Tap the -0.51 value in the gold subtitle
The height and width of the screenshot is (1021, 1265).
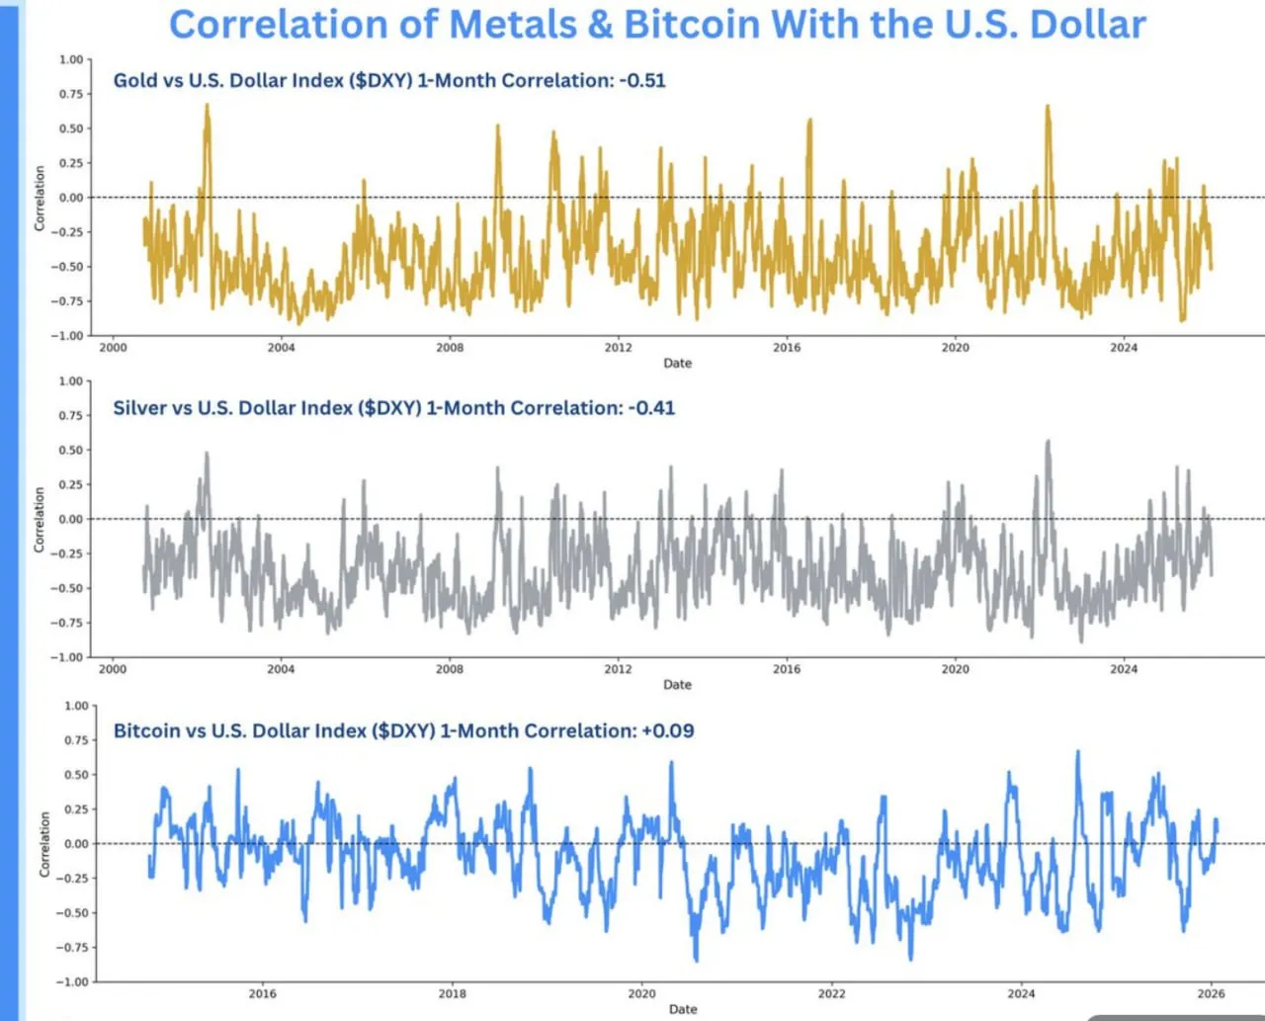click(x=642, y=80)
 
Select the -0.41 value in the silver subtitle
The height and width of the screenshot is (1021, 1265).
click(x=651, y=407)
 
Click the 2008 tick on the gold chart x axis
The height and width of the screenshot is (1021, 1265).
click(x=450, y=347)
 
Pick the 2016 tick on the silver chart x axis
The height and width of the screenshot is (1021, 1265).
click(x=787, y=669)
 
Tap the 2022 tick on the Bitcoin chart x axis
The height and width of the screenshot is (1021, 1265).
click(x=831, y=993)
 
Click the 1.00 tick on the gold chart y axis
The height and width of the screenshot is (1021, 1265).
click(x=70, y=59)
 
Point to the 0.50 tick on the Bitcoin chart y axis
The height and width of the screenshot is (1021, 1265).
click(x=76, y=775)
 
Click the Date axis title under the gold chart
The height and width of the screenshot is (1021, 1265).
click(x=677, y=363)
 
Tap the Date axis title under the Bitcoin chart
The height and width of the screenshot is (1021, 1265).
click(x=683, y=1009)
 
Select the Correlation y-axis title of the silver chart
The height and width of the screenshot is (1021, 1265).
click(x=40, y=519)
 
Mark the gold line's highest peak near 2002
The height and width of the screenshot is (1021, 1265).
click(x=208, y=105)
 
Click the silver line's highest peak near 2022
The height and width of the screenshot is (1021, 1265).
click(x=1049, y=442)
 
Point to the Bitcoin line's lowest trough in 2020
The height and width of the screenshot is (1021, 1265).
click(x=696, y=960)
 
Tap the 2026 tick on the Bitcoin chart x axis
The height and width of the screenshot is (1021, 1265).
click(x=1211, y=993)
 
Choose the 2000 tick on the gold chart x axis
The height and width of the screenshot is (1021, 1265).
click(x=113, y=347)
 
